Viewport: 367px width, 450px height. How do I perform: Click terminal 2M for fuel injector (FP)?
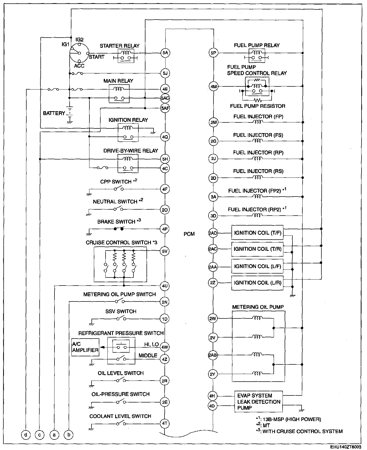pos(213,122)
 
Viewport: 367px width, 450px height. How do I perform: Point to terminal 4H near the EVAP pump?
pos(212,395)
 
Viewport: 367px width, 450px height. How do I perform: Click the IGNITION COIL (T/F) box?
pos(258,233)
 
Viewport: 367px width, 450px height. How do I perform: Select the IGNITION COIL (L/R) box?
pos(258,283)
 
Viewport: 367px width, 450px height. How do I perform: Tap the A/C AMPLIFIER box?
pos(85,347)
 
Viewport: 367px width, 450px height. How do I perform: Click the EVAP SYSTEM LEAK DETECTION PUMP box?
pos(259,402)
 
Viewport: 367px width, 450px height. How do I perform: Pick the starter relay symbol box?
pos(126,56)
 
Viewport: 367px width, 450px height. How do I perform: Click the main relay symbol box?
pos(119,93)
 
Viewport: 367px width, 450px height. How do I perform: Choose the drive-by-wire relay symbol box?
pos(128,163)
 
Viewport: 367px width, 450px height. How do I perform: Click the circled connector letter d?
pos(26,435)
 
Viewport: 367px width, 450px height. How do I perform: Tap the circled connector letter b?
pos(69,435)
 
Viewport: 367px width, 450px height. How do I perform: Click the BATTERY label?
pos(54,113)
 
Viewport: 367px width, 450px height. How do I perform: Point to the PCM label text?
pos(189,234)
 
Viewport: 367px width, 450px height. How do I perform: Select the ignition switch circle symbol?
pos(79,53)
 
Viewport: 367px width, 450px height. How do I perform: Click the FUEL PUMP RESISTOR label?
pos(258,106)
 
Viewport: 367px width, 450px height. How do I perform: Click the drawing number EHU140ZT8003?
pos(346,447)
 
